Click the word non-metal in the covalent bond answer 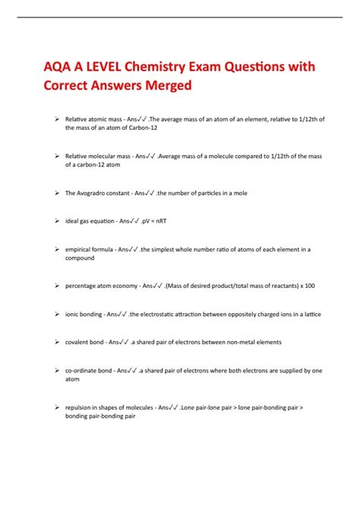(229, 342)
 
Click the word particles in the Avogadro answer (210, 193)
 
